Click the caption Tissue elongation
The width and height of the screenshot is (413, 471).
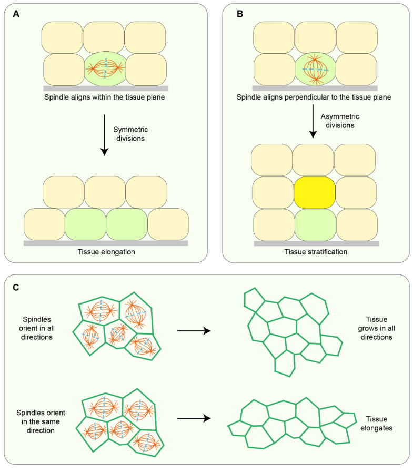coord(106,252)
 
